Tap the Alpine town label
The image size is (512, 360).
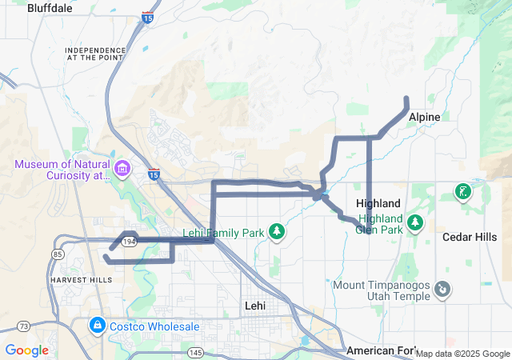click(x=424, y=117)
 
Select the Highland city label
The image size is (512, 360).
click(x=378, y=203)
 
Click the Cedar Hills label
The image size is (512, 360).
click(x=471, y=237)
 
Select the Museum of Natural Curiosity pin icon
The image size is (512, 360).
click(x=122, y=169)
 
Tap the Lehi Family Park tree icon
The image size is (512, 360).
click(x=277, y=232)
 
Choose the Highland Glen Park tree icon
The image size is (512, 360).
click(x=414, y=222)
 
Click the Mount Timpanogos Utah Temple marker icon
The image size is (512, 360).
click(x=443, y=288)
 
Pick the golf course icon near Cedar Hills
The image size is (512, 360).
click(x=462, y=191)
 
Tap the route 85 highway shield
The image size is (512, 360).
click(x=58, y=255)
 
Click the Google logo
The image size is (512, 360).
click(x=26, y=350)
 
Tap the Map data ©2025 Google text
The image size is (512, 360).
click(x=462, y=354)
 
